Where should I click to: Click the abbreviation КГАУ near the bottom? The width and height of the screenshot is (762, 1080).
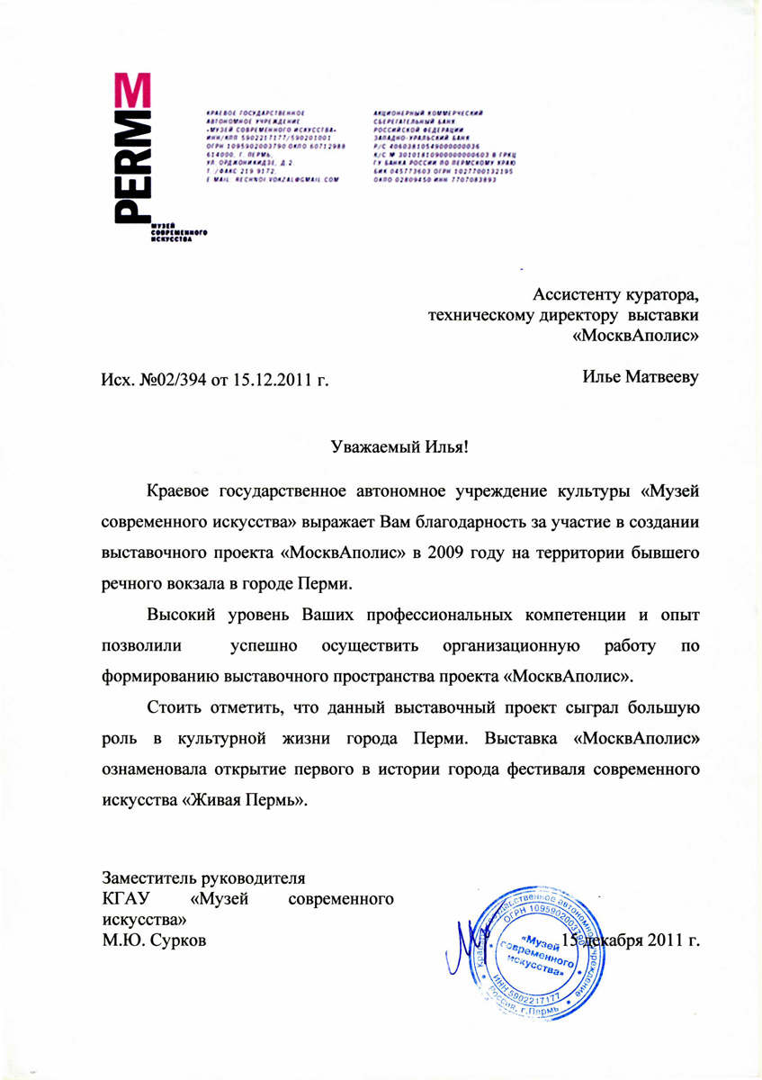click(126, 898)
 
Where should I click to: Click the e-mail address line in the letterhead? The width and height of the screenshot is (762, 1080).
click(273, 180)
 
